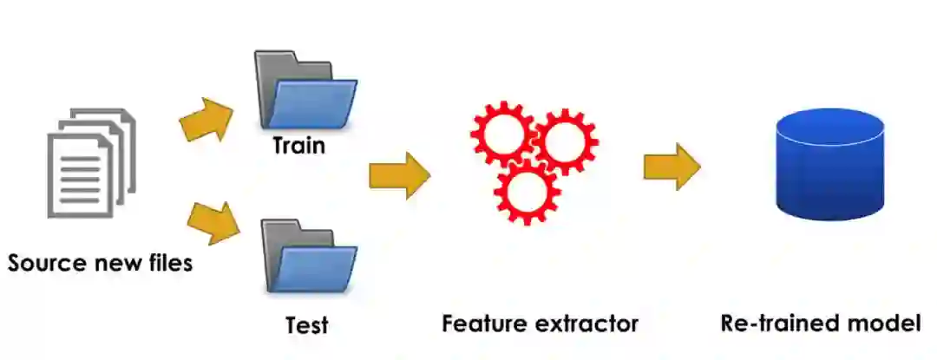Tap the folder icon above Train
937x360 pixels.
coord(305,91)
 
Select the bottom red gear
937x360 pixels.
coord(526,193)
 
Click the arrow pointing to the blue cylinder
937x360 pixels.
coord(672,166)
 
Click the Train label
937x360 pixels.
coord(298,145)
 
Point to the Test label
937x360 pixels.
coord(307,326)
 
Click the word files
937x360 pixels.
coord(167,263)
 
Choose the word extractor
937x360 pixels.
coord(591,324)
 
